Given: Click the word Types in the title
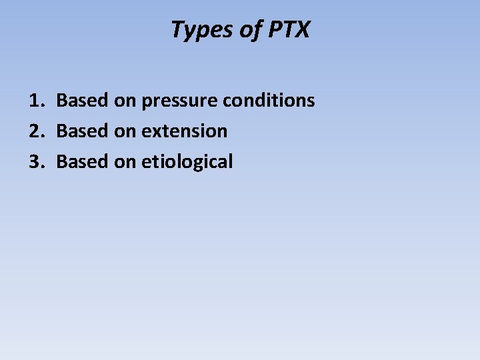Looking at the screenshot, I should [199, 30].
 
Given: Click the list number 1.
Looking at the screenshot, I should [35, 101].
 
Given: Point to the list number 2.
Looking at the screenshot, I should [35, 131].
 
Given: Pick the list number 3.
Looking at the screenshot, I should [35, 161].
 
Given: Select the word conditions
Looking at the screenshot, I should [269, 101].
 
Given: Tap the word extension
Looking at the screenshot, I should [184, 131].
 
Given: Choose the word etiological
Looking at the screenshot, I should [187, 162].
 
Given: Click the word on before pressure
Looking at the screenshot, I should [125, 101].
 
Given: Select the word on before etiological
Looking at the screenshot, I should [125, 162].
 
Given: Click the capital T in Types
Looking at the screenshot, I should [178, 29].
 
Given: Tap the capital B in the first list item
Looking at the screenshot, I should [62, 101].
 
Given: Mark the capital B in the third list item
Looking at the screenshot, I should [62, 161].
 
